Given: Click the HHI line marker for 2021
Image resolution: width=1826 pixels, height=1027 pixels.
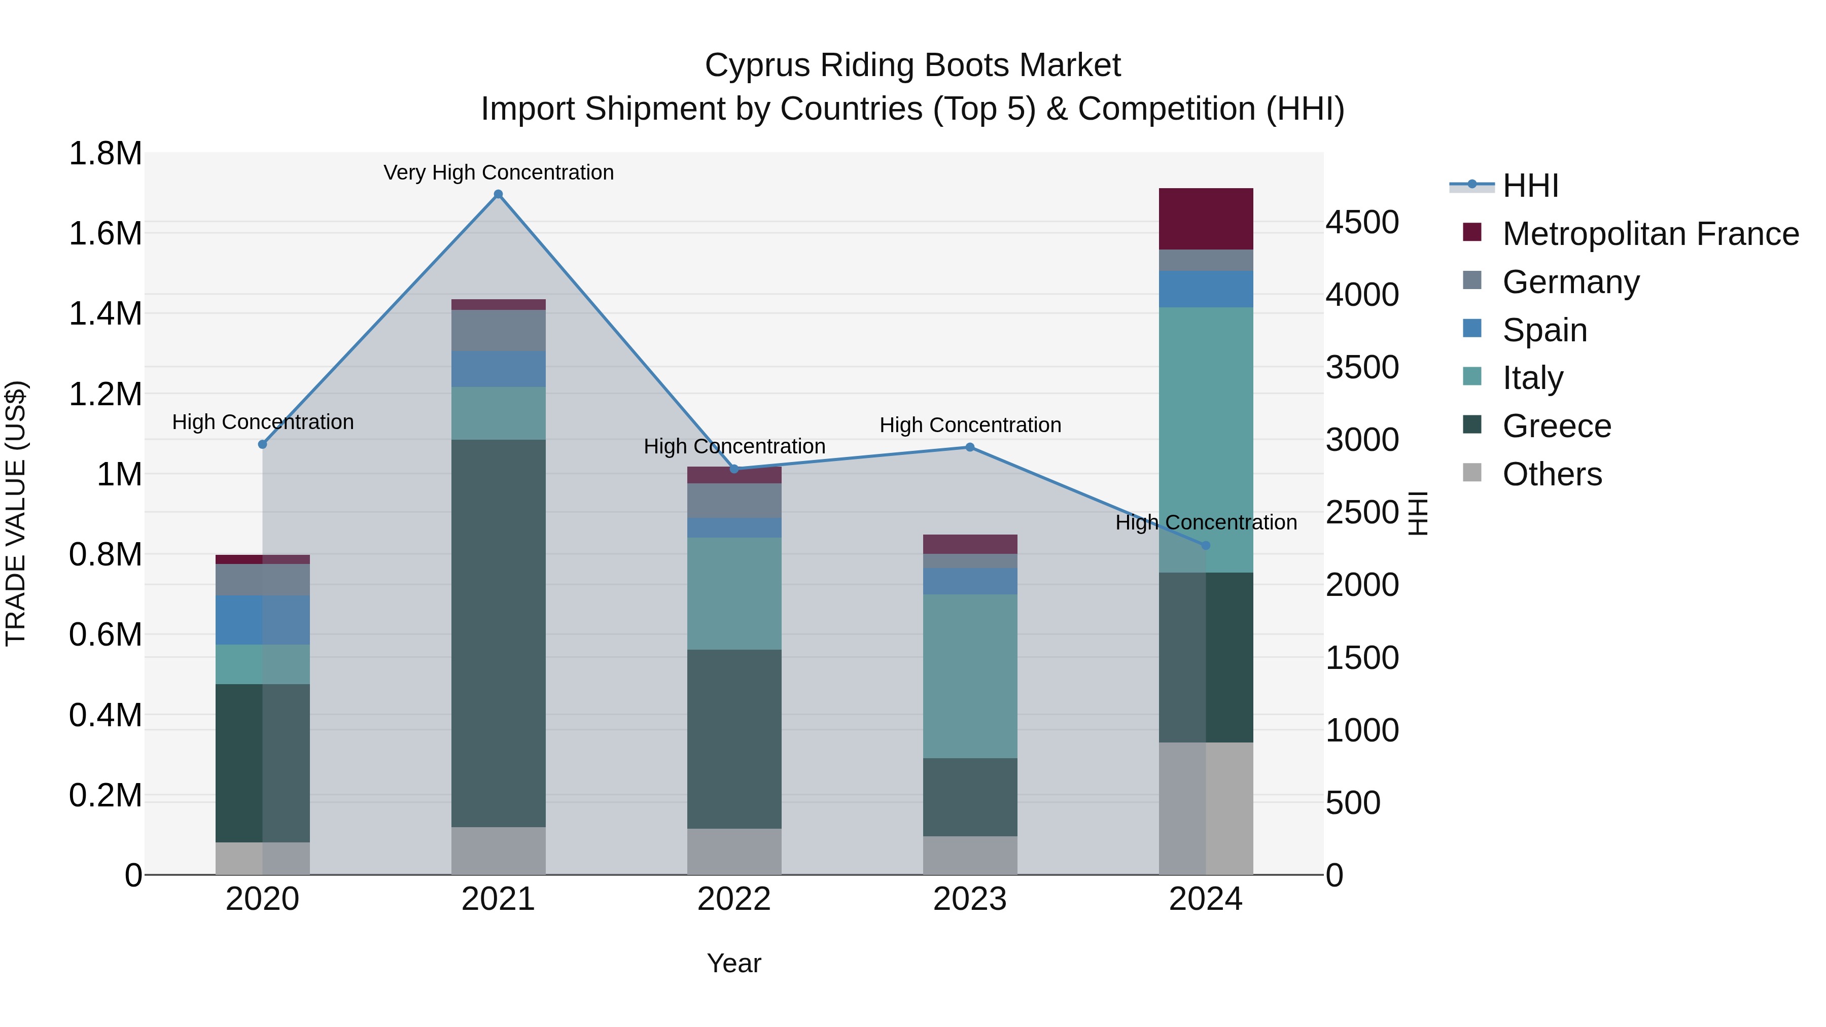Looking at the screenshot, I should point(498,194).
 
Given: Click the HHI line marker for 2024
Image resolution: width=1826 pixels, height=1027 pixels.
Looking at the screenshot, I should point(1206,545).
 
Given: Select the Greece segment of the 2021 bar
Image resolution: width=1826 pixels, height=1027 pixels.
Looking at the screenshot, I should point(498,633).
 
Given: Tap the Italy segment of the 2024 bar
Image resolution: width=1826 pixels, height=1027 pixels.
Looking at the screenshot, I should point(1206,439).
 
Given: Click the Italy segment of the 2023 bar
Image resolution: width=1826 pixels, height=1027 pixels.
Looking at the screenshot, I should point(970,676).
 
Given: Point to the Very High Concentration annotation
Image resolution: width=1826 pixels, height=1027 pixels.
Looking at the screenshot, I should point(498,172).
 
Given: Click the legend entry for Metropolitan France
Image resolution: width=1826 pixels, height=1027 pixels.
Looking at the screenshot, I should point(1650,234).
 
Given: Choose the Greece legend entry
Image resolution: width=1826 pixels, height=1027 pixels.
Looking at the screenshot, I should point(1557,426).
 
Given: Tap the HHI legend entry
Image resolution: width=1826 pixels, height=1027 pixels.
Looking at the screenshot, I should point(1530,186).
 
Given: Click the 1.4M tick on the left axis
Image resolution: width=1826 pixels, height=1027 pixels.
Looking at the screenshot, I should point(105,313).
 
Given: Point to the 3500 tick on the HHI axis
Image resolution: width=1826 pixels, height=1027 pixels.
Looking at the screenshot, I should point(1362,367).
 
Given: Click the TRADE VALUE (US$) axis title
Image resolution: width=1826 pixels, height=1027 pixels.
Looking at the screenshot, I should point(16,513).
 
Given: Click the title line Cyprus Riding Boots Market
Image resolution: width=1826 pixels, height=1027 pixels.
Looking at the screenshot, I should point(912,65).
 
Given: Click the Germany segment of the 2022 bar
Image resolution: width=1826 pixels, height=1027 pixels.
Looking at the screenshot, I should point(734,501).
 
